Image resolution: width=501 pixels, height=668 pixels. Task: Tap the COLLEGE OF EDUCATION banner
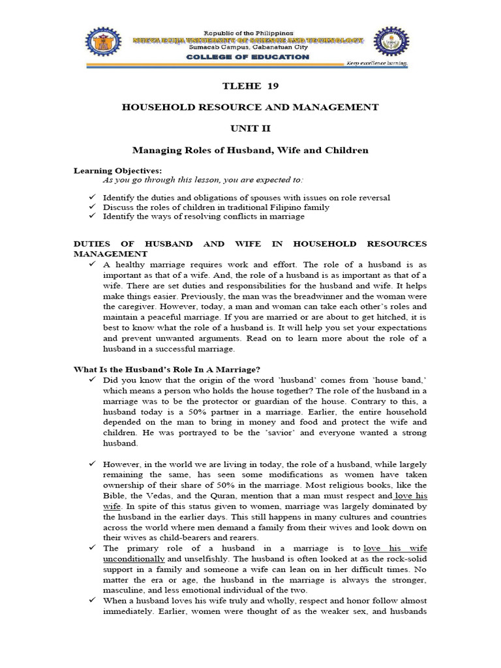pyautogui.click(x=249, y=57)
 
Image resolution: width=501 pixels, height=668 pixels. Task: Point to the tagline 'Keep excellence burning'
pyautogui.click(x=376, y=64)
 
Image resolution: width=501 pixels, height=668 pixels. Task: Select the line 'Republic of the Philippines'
pyautogui.click(x=249, y=33)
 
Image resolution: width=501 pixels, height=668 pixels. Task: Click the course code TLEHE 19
pyautogui.click(x=250, y=86)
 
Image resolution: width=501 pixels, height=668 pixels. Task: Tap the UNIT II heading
pyautogui.click(x=250, y=128)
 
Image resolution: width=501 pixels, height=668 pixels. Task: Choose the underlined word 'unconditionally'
pyautogui.click(x=134, y=558)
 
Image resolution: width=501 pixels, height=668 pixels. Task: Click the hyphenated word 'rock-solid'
pyautogui.click(x=404, y=558)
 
